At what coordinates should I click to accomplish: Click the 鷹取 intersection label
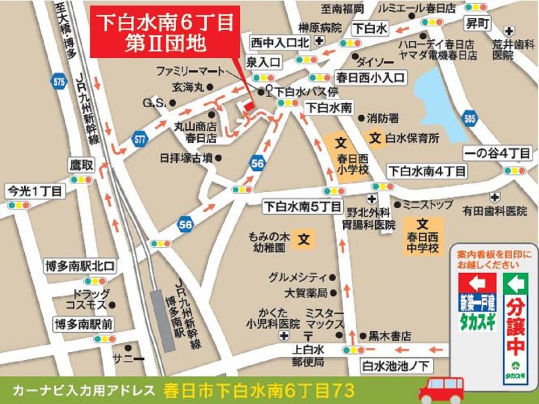(x=81, y=164)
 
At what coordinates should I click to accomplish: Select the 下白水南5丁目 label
(x=301, y=206)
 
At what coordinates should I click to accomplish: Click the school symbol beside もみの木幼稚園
(x=305, y=238)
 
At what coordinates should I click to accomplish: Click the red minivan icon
(x=441, y=388)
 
